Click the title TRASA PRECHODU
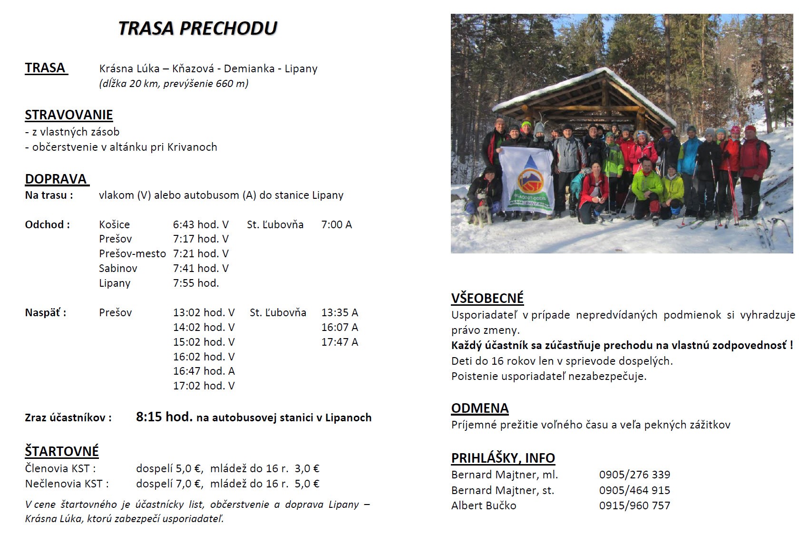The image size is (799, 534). [x=197, y=29]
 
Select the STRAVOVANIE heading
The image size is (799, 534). [x=69, y=115]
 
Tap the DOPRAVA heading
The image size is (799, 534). [x=56, y=179]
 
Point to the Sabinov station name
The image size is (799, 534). [x=118, y=269]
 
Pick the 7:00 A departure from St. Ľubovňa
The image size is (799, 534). [x=336, y=225]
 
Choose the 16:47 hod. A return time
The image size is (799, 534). [x=204, y=371]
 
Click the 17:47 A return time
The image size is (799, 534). [x=340, y=342]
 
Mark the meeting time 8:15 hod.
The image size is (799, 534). [x=164, y=417]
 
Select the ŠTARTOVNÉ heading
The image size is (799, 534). [x=62, y=451]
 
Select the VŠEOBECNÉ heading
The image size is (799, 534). [x=487, y=298]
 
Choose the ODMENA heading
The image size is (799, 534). [x=480, y=408]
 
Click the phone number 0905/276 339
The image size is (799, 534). [x=634, y=475]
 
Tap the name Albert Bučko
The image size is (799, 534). [x=483, y=505]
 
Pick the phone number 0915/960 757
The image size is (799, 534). [x=634, y=505]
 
